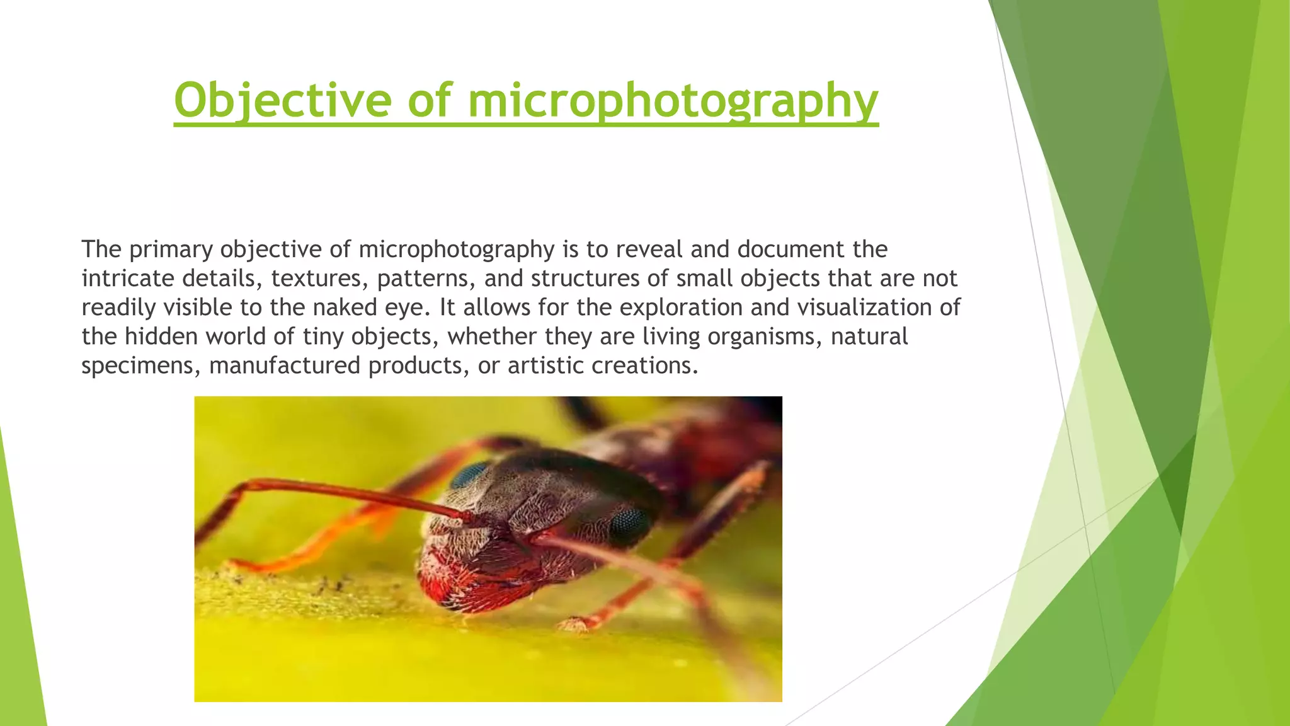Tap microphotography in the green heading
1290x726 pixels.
pyautogui.click(x=673, y=101)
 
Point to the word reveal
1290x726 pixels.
pyautogui.click(x=649, y=250)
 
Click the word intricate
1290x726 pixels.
pyautogui.click(x=128, y=279)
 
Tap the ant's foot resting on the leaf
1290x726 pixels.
pyautogui.click(x=574, y=624)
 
